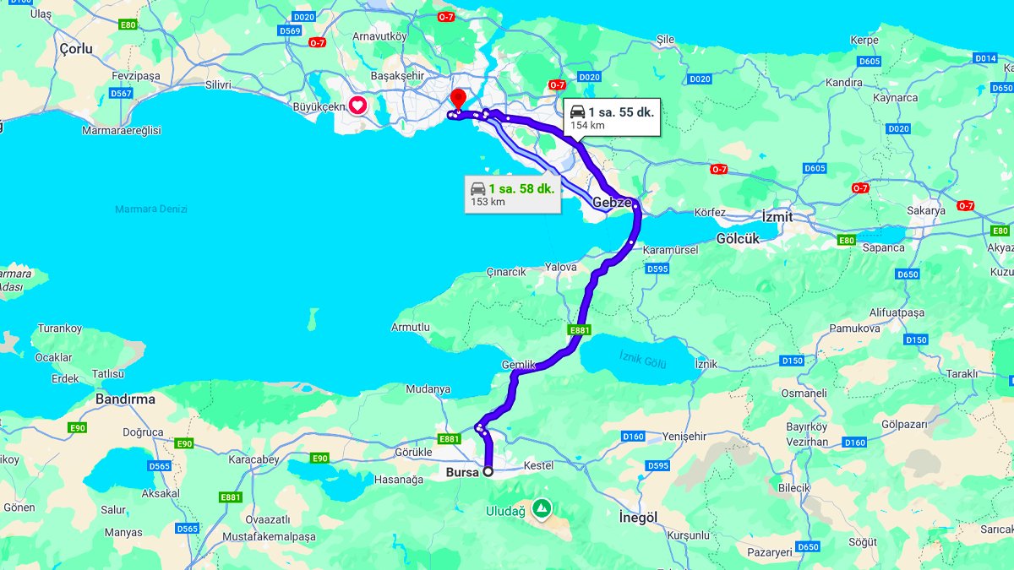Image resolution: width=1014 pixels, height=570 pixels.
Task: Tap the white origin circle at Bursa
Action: [x=488, y=472]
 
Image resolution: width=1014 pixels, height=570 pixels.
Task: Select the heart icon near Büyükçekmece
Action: [x=358, y=106]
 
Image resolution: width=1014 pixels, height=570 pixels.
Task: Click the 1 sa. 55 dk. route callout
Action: [x=612, y=117]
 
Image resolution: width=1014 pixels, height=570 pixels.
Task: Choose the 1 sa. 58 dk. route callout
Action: [x=512, y=194]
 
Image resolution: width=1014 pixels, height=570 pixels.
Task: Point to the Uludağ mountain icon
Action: [x=542, y=509]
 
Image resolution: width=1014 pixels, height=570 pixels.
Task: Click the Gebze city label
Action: [x=611, y=203]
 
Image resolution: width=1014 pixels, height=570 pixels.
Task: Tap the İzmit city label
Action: [x=777, y=217]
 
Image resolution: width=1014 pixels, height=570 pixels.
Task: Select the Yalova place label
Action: [x=561, y=267]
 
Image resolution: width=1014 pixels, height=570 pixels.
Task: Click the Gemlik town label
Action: [x=519, y=365]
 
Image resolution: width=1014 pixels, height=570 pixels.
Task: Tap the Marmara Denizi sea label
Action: [x=151, y=209]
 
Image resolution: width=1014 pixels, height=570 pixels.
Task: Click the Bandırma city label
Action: [x=125, y=399]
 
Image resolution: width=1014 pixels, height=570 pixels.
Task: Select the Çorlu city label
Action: [x=76, y=49]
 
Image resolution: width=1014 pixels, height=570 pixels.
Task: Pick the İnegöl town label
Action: [x=638, y=516]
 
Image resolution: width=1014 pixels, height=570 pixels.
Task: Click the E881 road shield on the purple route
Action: [x=580, y=330]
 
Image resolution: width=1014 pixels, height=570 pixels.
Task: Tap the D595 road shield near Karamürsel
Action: [x=657, y=269]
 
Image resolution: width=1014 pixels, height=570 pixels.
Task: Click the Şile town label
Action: [x=666, y=39]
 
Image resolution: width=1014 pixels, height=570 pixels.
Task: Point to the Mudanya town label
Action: [x=428, y=390]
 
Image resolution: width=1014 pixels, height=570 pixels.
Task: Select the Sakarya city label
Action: [x=925, y=210]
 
